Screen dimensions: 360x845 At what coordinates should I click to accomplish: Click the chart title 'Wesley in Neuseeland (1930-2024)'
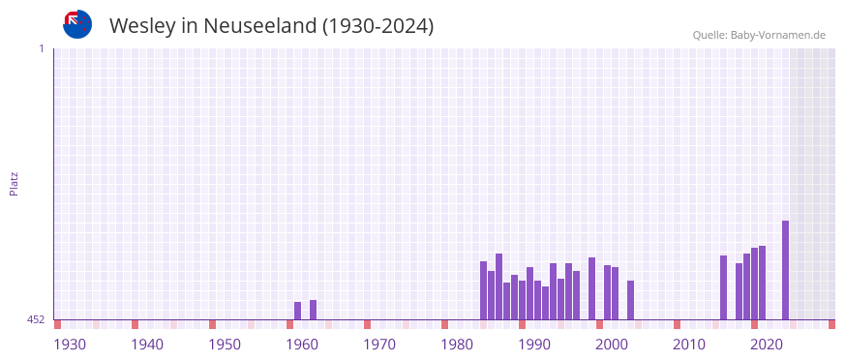271,26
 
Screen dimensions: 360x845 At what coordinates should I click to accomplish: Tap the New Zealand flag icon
77,24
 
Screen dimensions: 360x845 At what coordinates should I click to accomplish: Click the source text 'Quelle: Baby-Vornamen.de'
759,35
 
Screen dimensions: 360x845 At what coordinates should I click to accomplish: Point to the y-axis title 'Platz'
14,184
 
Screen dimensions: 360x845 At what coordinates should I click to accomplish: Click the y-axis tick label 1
41,48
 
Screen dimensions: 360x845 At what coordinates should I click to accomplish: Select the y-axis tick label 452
36,319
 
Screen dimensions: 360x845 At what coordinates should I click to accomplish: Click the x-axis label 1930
70,344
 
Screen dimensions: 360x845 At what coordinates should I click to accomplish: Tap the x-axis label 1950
225,344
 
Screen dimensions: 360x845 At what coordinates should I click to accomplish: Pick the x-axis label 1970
379,344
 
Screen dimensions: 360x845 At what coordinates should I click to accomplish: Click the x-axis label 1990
534,344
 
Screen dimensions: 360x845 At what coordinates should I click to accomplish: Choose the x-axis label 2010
689,344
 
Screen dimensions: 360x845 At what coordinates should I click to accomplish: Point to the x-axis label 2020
767,344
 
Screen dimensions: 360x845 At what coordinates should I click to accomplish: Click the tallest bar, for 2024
786,270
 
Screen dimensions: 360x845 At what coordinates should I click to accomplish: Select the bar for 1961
298,311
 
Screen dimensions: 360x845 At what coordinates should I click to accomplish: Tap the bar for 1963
314,310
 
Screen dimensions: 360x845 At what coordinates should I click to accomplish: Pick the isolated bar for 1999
592,288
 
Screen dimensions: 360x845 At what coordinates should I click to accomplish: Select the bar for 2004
631,300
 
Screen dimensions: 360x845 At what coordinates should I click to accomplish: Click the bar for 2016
724,287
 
